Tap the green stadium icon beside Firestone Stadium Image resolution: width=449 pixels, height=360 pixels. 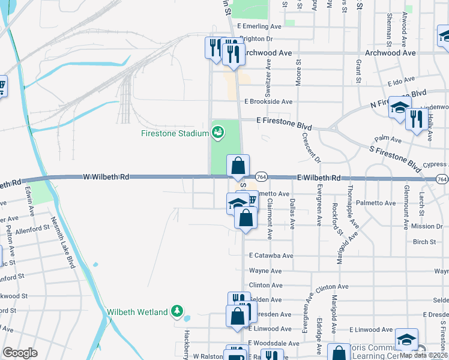218,131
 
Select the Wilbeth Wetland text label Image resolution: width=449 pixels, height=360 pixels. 137,312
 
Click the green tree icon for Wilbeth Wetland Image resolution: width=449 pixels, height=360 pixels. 176,310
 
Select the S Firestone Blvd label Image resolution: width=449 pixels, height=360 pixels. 396,155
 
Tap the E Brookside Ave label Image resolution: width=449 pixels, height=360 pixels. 268,102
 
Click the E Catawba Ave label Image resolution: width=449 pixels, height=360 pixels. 271,256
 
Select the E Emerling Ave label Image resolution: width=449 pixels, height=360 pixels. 259,26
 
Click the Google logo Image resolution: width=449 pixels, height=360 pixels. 20,353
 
